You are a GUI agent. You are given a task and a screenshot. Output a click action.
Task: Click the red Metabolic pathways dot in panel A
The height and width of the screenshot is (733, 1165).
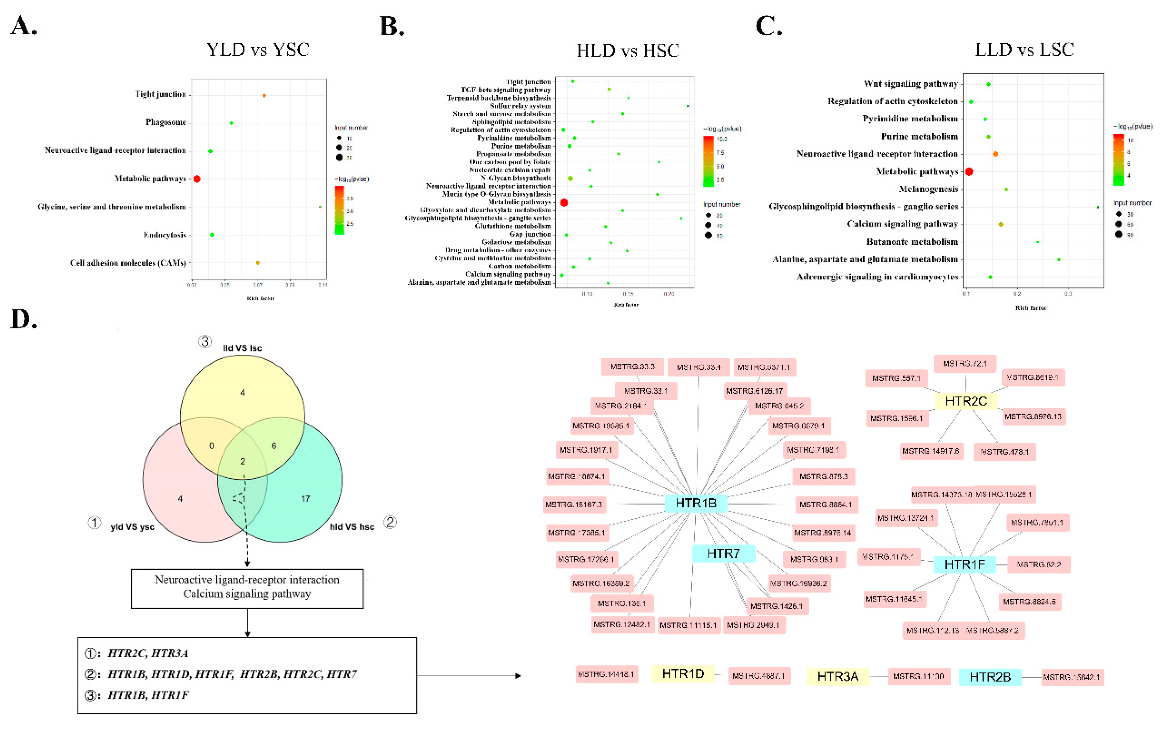pos(197,179)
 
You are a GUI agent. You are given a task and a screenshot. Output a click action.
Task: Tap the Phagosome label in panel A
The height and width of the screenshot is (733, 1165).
pos(166,122)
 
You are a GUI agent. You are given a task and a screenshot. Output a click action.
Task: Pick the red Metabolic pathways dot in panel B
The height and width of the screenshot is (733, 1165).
pos(564,202)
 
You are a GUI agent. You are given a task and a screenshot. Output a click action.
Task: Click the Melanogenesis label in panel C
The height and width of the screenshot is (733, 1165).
pos(928,189)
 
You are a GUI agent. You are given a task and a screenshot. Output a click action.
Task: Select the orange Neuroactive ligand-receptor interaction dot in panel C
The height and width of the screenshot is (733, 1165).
pos(995,154)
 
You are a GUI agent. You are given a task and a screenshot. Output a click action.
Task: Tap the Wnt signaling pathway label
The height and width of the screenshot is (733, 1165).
pos(910,84)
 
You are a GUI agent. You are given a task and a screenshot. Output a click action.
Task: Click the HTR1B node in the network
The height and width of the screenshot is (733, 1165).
pos(696,503)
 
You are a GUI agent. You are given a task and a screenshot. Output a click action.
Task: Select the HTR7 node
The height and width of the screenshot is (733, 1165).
pos(723,553)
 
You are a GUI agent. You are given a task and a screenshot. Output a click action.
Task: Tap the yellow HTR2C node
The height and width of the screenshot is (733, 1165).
pos(966,401)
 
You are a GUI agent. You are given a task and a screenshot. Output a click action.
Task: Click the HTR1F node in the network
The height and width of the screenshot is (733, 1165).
pos(964,564)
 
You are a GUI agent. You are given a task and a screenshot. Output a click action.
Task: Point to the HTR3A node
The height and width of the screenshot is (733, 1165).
pos(837,676)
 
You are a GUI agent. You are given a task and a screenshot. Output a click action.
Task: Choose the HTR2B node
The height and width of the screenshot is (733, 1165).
pos(990,677)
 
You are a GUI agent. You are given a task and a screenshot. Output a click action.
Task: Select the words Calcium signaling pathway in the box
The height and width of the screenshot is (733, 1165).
pos(247,594)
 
